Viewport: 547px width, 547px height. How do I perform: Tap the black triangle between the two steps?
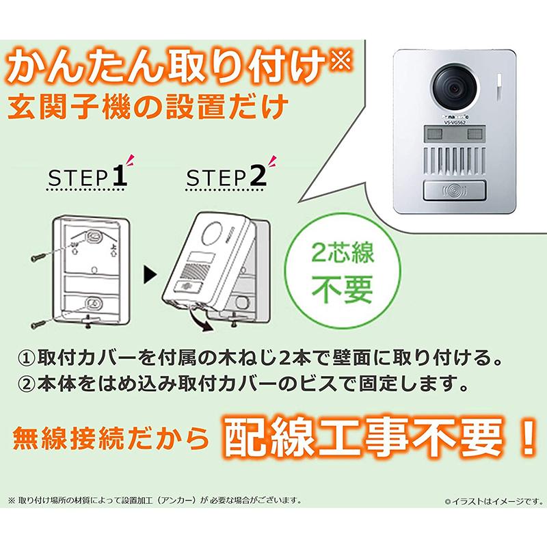pos(149,277)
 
